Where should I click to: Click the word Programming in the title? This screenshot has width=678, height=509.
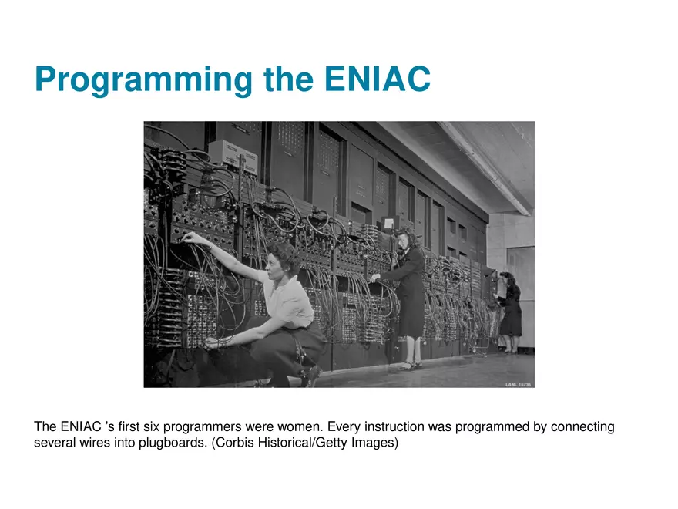coord(143,80)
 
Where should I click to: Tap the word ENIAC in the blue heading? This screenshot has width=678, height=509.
coord(377,79)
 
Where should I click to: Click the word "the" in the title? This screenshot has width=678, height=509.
coord(288,79)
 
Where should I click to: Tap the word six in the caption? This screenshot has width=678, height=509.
coord(151,426)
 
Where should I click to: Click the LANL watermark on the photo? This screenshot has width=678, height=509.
coord(518,384)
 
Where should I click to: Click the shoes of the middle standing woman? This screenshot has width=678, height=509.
coord(409,366)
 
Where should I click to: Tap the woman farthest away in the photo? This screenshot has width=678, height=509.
coord(509,312)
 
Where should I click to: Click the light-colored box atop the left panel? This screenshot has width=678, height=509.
coord(233,157)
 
